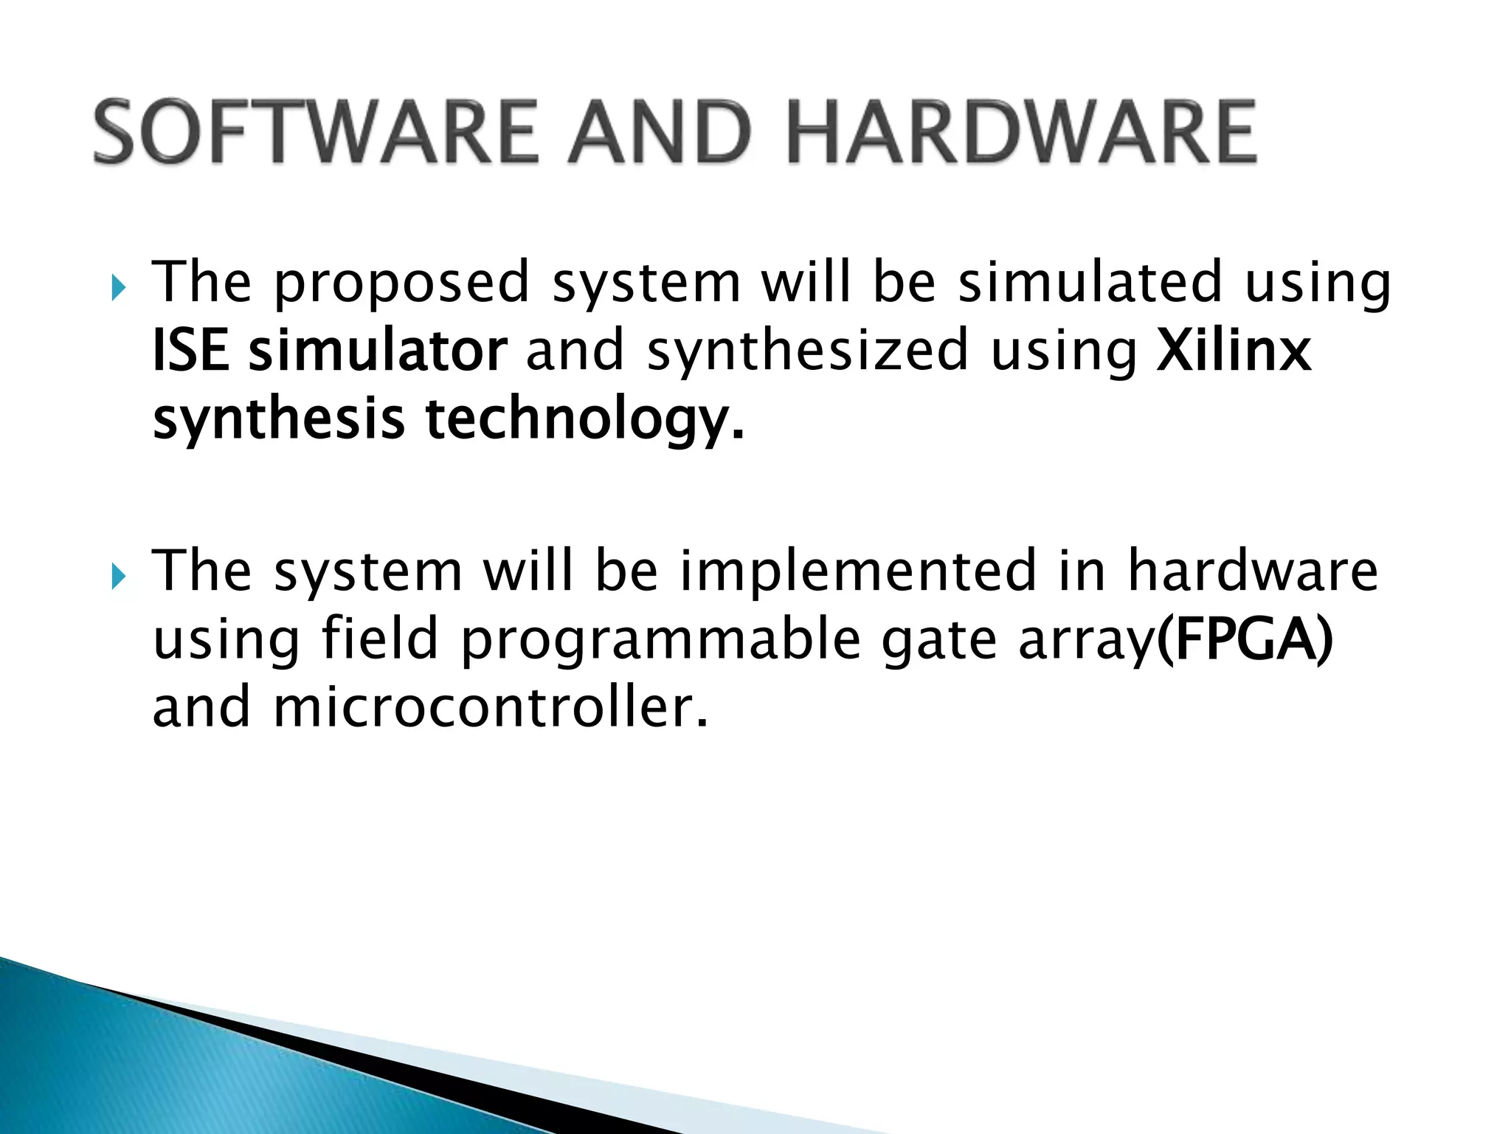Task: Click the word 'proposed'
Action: [402, 284]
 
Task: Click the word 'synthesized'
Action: [807, 351]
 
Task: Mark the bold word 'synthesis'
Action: [279, 420]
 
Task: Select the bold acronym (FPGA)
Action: [1245, 639]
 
